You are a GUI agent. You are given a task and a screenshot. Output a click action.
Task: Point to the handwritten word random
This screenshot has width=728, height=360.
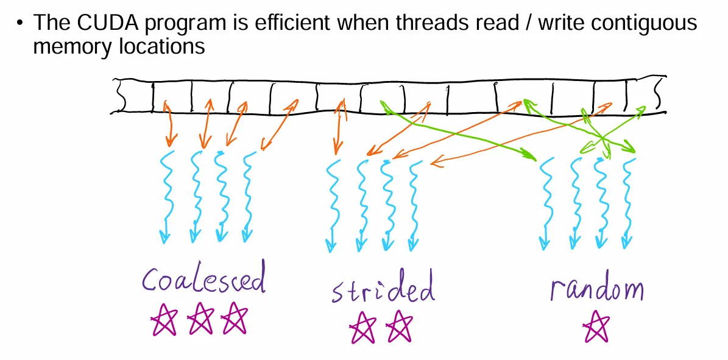pyautogui.click(x=596, y=289)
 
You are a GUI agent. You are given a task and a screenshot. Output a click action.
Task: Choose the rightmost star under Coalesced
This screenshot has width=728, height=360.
pyautogui.click(x=235, y=319)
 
